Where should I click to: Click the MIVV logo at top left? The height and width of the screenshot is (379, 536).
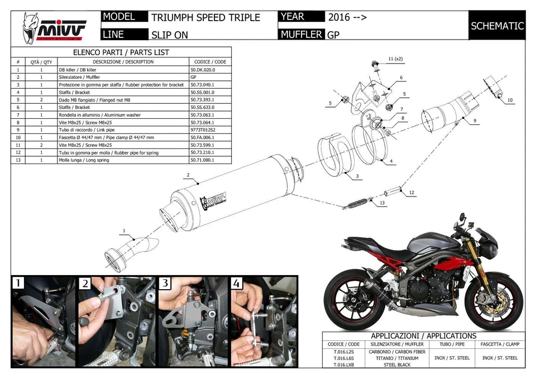54,28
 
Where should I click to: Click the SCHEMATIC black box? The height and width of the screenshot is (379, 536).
497,26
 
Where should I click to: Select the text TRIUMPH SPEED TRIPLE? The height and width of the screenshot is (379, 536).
205,17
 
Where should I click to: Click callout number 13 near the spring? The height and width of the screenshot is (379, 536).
382,203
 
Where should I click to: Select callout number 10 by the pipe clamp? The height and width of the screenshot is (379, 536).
510,100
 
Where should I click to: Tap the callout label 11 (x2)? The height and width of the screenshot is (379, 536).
395,59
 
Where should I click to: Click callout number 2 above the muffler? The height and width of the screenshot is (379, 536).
188,175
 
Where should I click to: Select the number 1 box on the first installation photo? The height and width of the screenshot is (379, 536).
18,284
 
